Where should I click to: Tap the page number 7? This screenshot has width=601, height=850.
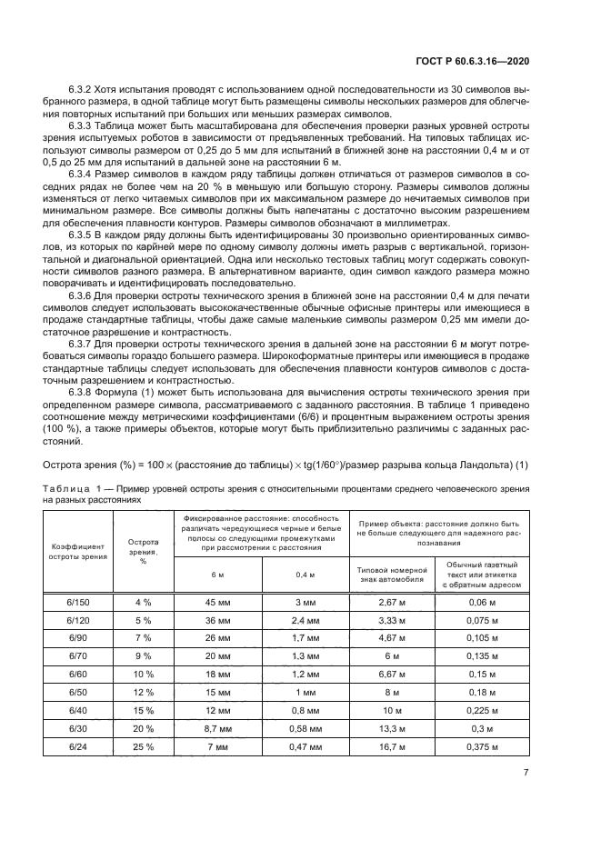coord(526,773)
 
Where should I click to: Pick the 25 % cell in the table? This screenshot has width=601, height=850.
coord(144,745)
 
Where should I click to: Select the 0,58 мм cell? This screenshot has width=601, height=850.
coord(306,727)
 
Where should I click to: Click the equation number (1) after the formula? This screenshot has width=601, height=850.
coord(522,465)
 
